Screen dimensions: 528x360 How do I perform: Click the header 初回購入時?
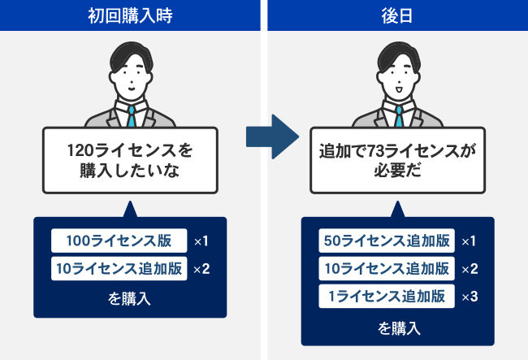point(130,15)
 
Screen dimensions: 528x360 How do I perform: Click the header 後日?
point(397,15)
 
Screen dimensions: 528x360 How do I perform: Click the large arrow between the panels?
point(272,137)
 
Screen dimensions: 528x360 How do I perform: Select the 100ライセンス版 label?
point(119,241)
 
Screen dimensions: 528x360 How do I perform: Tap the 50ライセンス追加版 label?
point(387,241)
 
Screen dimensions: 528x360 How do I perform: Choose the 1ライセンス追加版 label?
point(387,297)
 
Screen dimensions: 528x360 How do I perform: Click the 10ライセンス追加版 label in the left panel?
point(119,268)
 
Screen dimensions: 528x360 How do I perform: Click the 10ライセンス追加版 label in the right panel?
point(387,268)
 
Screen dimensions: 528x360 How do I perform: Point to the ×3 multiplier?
point(470,297)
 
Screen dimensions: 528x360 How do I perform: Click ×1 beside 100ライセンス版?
point(201,241)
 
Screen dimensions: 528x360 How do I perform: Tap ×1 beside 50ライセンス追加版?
point(469,241)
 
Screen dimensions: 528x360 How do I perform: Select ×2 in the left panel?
point(201,269)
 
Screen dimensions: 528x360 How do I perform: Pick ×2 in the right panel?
point(470,269)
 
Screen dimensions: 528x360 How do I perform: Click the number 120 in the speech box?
point(80,150)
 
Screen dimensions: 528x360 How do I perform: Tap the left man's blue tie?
point(132,116)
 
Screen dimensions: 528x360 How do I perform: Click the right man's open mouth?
point(399,90)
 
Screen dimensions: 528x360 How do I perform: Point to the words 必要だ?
point(397,171)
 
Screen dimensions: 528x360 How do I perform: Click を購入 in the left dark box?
point(130,299)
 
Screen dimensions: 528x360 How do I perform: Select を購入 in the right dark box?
point(400,328)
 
